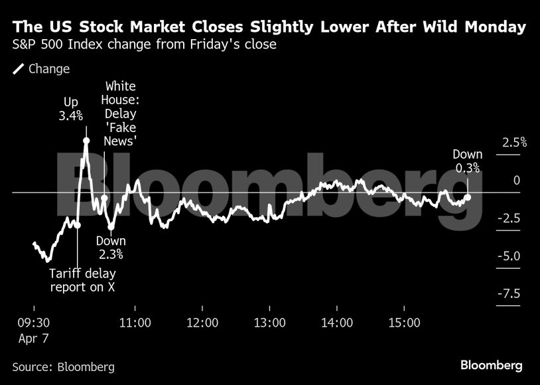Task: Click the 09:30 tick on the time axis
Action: click(x=33, y=323)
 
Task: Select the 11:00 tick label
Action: click(x=135, y=323)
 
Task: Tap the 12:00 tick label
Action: click(x=202, y=323)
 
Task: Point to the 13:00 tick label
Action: click(x=270, y=323)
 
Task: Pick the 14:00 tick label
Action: click(x=337, y=323)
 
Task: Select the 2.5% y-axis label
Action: click(x=514, y=142)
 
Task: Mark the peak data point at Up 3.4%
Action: click(x=86, y=140)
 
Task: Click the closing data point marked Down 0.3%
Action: click(x=468, y=197)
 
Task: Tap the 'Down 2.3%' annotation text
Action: click(x=111, y=248)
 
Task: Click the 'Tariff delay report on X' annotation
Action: click(x=79, y=279)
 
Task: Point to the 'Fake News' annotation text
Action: click(x=121, y=141)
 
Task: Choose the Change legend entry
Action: click(x=41, y=69)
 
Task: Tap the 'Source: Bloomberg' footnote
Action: click(x=63, y=367)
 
